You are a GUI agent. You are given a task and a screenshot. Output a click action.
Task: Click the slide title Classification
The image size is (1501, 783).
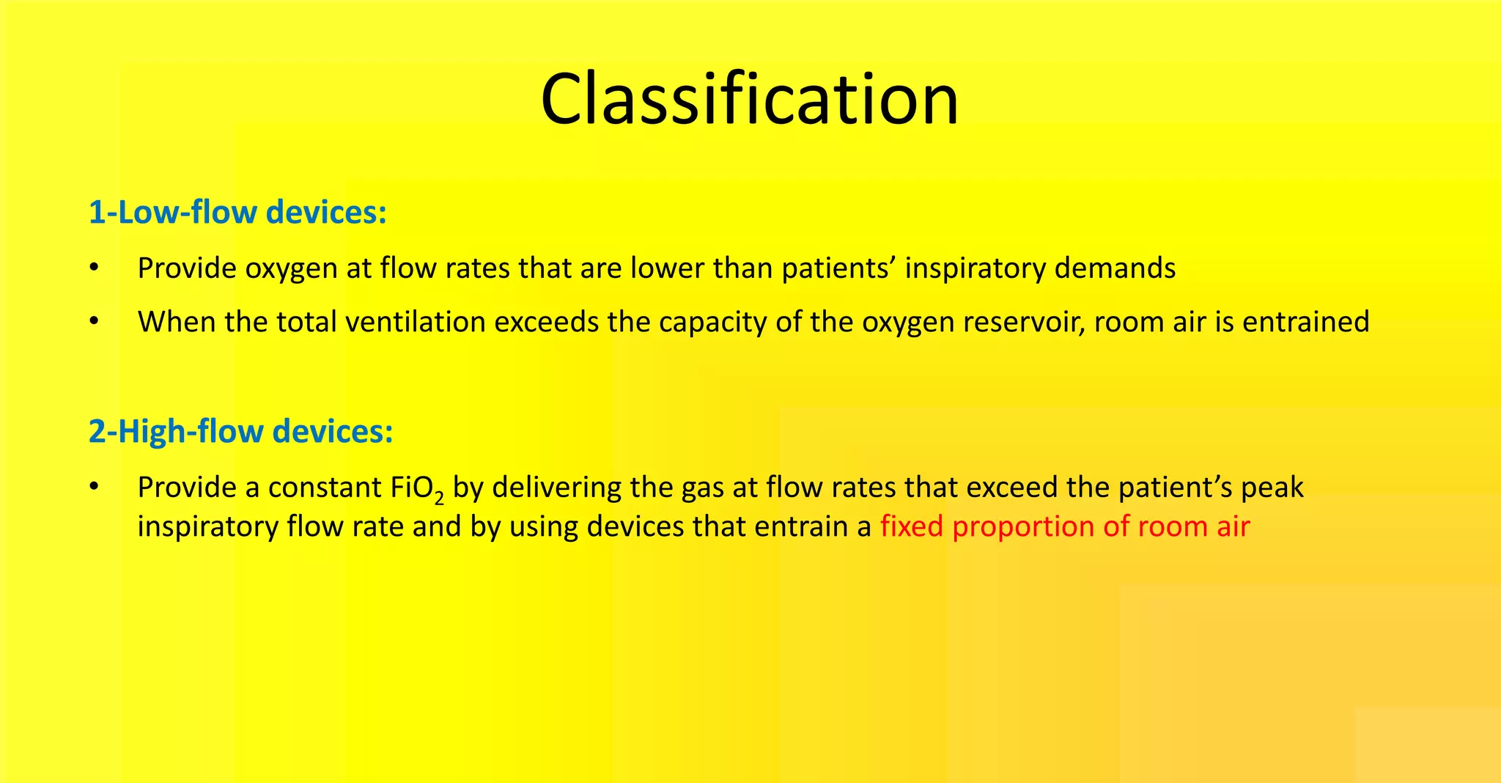[749, 100]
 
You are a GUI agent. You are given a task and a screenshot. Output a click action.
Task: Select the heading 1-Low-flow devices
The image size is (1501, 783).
[237, 213]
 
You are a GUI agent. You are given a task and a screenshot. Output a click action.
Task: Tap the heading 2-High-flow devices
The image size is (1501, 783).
[240, 431]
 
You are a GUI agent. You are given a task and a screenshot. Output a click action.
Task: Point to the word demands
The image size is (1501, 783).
[1115, 268]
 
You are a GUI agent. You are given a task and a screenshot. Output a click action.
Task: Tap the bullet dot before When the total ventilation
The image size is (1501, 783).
[93, 322]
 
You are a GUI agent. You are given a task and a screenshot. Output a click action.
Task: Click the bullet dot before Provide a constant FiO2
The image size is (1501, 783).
[93, 488]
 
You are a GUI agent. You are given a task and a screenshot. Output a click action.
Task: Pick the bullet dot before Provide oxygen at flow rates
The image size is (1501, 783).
[93, 268]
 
